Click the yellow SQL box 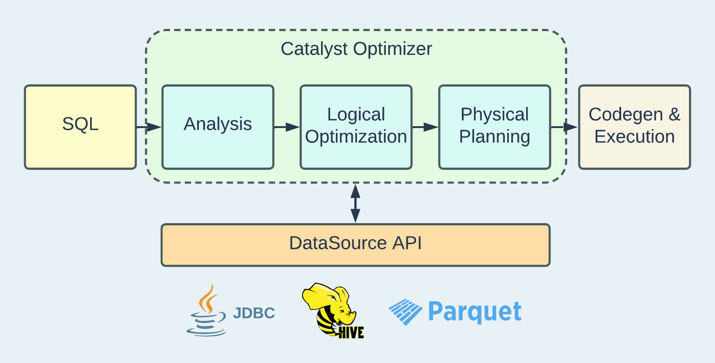(x=81, y=127)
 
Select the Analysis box (x=218, y=127)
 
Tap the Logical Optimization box (x=356, y=127)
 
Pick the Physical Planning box (x=495, y=127)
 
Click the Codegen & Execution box (x=634, y=127)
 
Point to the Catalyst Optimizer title (x=356, y=49)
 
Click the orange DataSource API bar (x=355, y=245)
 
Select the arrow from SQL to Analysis (x=149, y=127)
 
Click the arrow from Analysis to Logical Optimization (x=287, y=127)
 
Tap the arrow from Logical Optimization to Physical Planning (x=425, y=127)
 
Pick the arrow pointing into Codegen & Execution (x=564, y=127)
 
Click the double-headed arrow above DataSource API (x=355, y=204)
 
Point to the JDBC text (x=254, y=313)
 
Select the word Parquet (x=475, y=312)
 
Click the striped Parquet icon (x=405, y=312)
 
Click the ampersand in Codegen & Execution (x=674, y=114)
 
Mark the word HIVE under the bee (x=351, y=332)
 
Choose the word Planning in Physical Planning (x=495, y=137)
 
